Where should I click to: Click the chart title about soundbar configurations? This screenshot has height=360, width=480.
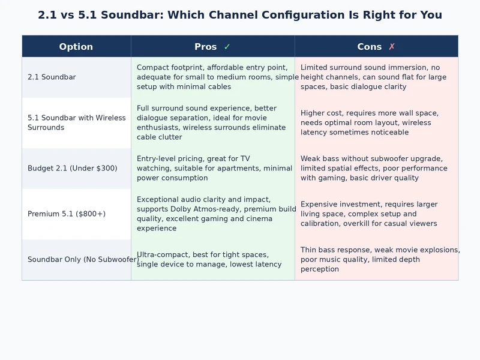(x=240, y=15)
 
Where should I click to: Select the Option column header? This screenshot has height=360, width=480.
(x=76, y=47)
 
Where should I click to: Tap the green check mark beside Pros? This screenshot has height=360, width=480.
(x=227, y=47)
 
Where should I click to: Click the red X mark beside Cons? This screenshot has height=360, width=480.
(x=392, y=47)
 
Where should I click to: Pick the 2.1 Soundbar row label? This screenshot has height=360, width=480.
(x=52, y=77)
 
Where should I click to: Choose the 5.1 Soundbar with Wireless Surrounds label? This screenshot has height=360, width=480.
(x=76, y=122)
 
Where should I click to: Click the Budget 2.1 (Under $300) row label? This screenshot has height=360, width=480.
(x=72, y=169)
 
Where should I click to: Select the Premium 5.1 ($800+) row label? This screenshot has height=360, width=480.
(x=66, y=214)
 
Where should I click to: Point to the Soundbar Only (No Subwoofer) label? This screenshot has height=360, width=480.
(x=83, y=260)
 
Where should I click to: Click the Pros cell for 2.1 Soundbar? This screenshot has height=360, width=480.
(x=213, y=77)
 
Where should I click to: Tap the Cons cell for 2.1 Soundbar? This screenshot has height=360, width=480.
(x=376, y=77)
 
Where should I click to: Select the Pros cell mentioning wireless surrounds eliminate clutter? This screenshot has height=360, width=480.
(x=213, y=123)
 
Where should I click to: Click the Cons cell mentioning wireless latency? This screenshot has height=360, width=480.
(x=376, y=123)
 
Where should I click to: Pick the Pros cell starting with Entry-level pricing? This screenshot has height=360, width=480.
(x=213, y=169)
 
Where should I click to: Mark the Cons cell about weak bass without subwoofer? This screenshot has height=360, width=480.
(x=376, y=169)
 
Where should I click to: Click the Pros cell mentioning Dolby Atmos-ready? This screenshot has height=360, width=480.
(x=213, y=214)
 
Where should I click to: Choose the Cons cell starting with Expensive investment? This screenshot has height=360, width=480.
(x=376, y=214)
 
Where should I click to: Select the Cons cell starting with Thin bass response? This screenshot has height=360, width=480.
(x=376, y=260)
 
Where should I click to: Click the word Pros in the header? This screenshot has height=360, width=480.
(x=206, y=47)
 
